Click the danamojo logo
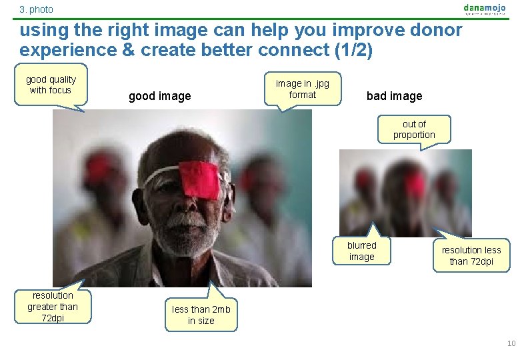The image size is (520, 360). coord(485,9)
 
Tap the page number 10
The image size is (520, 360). coord(511,343)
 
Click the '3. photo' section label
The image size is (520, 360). coord(36,9)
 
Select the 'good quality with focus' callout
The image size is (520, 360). coord(51,85)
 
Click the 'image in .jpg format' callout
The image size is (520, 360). coord(302,89)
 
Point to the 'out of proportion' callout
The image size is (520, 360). coord(413,129)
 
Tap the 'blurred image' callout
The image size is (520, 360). coord(361,251)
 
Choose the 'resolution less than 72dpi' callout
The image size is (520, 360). coord(471,255)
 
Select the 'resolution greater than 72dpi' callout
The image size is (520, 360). coord(53,306)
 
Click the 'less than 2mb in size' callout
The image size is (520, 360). coord(201,315)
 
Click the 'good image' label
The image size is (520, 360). coord(159,96)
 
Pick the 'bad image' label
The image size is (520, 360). coord(394,96)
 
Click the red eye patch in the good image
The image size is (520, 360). coord(200,179)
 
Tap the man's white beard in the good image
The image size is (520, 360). coord(186,230)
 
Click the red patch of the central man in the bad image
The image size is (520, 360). coord(415,183)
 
